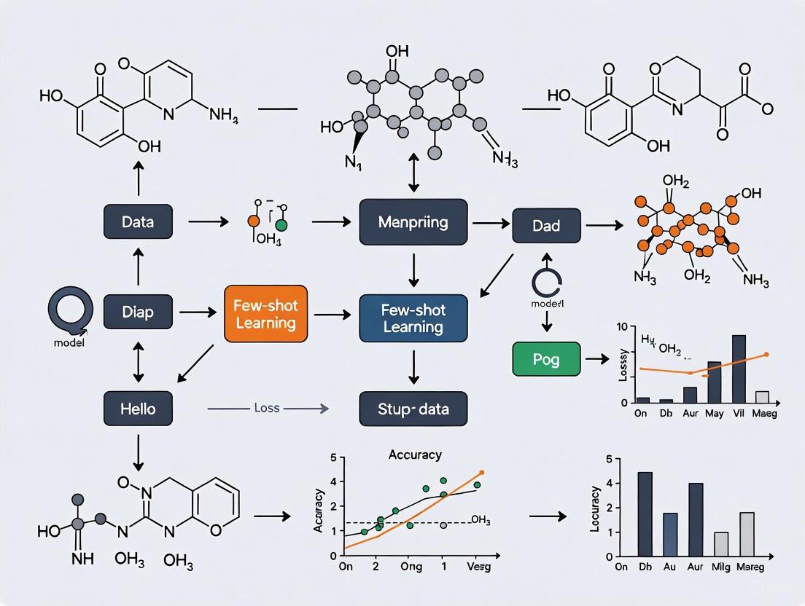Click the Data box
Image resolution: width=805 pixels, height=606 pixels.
pos(138,221)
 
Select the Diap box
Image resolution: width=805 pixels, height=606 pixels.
pos(138,312)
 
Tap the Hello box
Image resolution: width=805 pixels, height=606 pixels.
pos(138,408)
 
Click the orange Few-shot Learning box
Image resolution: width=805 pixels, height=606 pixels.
pos(265,314)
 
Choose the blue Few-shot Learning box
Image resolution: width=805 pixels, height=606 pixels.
pos(413,318)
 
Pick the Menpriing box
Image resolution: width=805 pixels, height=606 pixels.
pos(413,221)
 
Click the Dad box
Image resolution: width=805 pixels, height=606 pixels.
pos(546,226)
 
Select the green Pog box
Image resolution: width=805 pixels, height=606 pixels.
pos(546,358)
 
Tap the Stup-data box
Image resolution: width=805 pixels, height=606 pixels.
pos(413,409)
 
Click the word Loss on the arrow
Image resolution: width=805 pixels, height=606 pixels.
pos(266,408)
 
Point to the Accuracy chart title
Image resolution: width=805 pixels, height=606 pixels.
pos(415,454)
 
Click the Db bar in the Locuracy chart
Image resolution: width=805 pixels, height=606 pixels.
pos(645,513)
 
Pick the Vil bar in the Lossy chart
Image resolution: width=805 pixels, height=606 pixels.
pos(738,369)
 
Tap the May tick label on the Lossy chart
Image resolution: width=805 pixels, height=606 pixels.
pos(714,414)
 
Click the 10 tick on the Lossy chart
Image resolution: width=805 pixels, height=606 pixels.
pos(622,327)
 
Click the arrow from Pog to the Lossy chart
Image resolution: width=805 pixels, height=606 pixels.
pos(597,359)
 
